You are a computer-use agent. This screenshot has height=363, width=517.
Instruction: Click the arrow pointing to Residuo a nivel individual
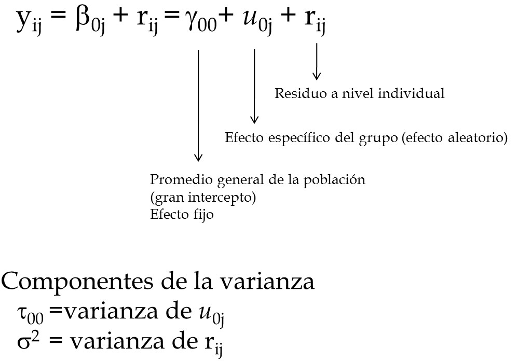(317, 62)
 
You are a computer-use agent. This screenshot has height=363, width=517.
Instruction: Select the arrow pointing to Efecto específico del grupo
(254, 86)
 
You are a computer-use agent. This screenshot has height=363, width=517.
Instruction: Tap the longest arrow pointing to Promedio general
(198, 105)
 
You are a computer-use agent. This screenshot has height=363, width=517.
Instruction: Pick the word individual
(411, 93)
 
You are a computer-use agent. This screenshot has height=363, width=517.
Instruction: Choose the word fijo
(202, 215)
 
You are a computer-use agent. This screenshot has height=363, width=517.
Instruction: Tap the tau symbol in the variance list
(30, 314)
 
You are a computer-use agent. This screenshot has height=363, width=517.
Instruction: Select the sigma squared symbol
(28, 341)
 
